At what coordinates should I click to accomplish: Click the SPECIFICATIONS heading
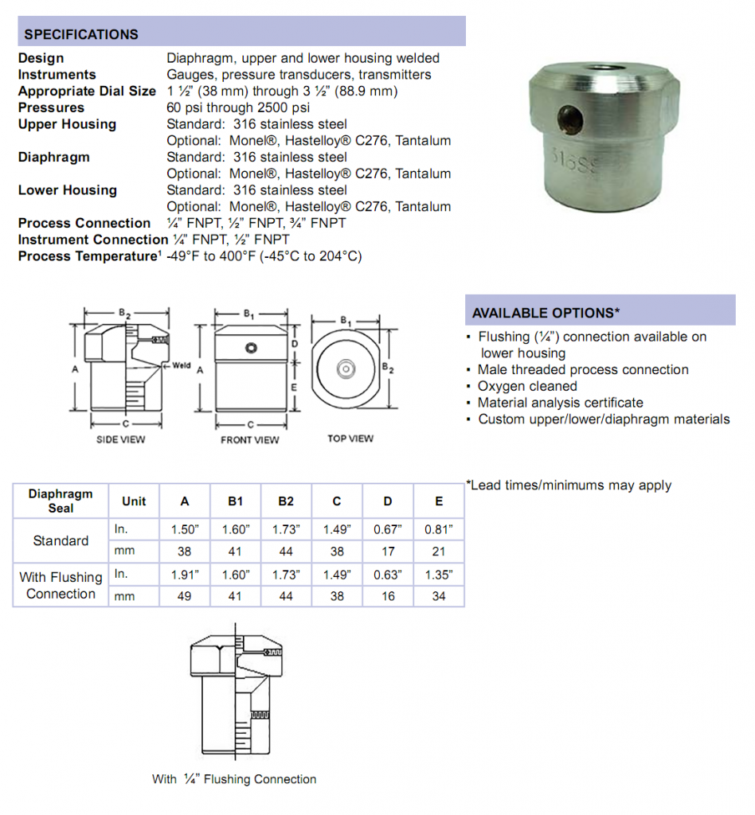80,34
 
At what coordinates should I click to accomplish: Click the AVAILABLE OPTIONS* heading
546,313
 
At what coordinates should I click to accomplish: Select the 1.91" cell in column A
185,574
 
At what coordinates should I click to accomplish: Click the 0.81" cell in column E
438,528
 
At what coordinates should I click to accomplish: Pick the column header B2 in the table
286,501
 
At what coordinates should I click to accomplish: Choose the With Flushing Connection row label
61,585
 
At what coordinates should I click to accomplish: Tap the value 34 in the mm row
438,595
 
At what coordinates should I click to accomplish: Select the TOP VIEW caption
350,439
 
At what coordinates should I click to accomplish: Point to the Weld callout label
182,366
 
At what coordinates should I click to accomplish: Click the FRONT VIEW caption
250,439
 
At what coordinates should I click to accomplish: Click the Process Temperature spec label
88,256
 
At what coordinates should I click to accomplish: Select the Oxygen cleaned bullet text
527,386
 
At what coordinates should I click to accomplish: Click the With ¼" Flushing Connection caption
234,779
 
